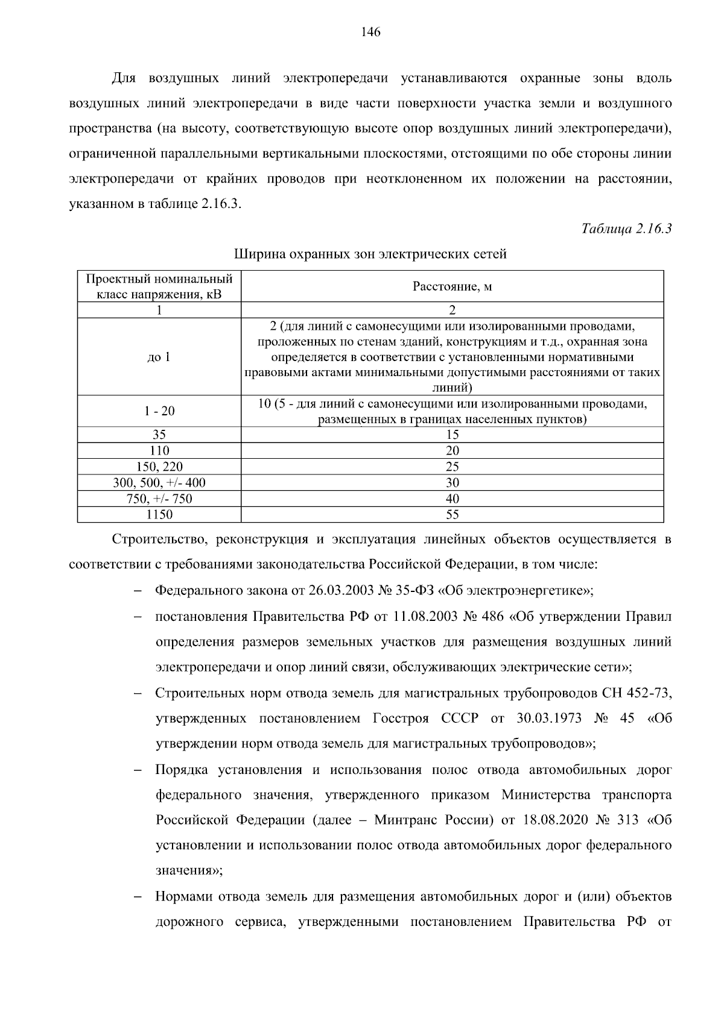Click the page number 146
tap(370, 33)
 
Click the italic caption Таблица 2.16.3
tap(626, 229)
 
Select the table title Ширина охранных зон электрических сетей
tap(370, 254)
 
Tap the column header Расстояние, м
tap(452, 286)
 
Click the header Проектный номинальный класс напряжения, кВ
tap(159, 286)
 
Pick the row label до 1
tap(159, 357)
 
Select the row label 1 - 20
tap(159, 411)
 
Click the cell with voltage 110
tap(159, 451)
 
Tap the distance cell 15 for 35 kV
tap(452, 435)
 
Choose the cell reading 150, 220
tap(159, 467)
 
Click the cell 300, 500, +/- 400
tap(159, 483)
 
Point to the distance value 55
tap(452, 514)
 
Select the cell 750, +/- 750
tap(159, 499)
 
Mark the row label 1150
tap(159, 514)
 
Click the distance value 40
tap(452, 499)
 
